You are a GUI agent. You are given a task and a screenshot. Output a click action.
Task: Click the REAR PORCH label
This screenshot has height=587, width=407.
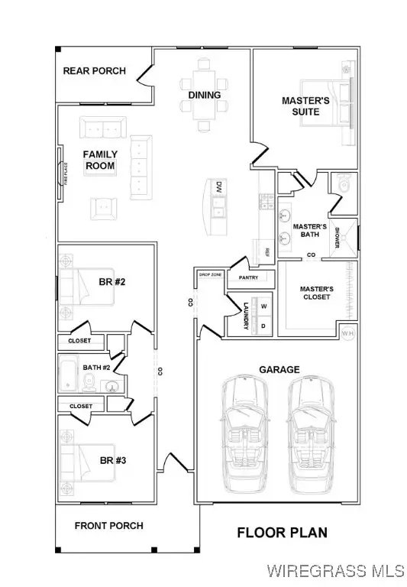click(95, 71)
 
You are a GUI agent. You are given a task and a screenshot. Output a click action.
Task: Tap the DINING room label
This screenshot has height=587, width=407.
click(204, 96)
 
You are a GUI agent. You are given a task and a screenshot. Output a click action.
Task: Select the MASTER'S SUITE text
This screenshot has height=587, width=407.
click(305, 106)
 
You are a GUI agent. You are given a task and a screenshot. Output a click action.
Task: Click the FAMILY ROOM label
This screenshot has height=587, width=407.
click(100, 160)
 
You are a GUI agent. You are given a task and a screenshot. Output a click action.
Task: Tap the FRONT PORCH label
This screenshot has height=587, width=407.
click(108, 526)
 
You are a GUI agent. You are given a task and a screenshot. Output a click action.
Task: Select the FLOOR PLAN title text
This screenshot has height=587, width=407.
click(282, 532)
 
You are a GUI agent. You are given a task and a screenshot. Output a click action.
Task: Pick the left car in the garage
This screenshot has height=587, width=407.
click(246, 436)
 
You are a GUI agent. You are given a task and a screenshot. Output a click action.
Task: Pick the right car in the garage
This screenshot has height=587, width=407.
click(312, 436)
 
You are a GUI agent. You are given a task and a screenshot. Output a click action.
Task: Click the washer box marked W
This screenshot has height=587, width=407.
click(264, 306)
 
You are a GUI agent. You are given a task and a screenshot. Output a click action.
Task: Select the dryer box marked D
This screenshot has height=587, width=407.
click(264, 325)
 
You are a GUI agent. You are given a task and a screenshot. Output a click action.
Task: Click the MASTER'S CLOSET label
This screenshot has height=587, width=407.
click(315, 293)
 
